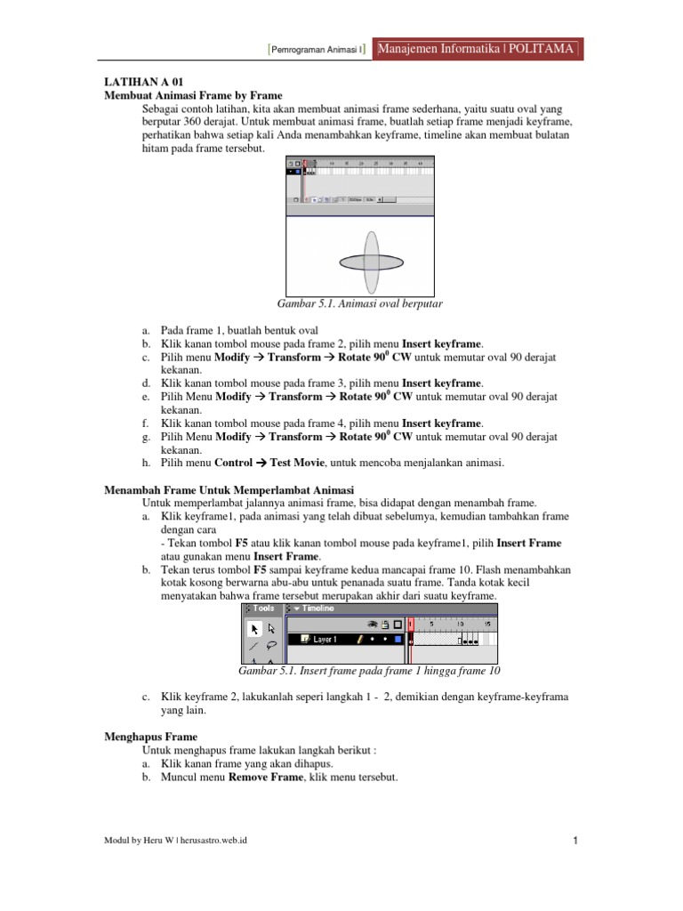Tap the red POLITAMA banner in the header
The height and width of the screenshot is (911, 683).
[x=478, y=48]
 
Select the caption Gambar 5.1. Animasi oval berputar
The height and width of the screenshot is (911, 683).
[x=360, y=304]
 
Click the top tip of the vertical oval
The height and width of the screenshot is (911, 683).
[x=372, y=230]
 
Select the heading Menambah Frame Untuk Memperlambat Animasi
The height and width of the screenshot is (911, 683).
[x=229, y=490]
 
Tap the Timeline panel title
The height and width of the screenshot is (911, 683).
[x=315, y=609]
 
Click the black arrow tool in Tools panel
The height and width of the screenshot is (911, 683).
[x=254, y=629]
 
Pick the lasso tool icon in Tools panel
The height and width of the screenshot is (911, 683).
[x=271, y=646]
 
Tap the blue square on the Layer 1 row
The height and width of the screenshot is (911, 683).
[x=398, y=639]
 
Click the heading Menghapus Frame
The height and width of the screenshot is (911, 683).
[x=151, y=738]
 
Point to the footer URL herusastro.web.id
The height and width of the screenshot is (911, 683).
[x=214, y=841]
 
